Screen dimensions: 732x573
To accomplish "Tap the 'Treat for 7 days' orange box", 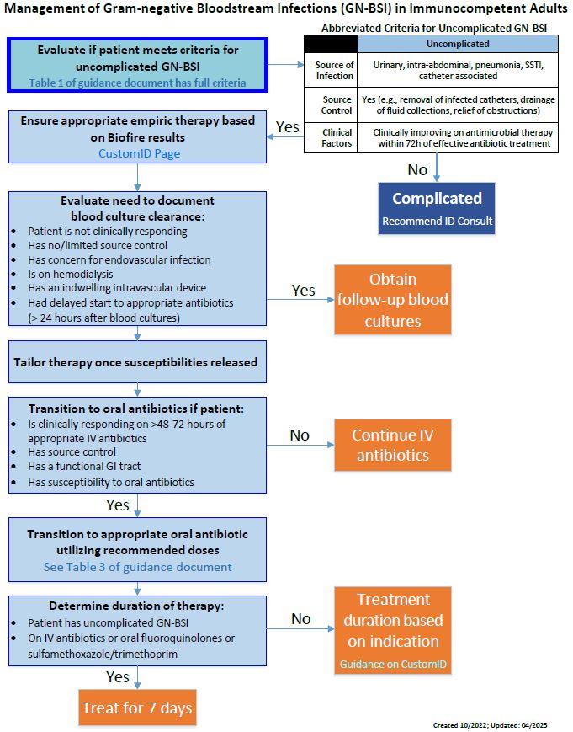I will coord(137,708).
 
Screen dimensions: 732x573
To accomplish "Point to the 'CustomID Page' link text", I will coord(139,153).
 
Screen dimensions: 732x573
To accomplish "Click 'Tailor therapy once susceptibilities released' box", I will coord(137,362).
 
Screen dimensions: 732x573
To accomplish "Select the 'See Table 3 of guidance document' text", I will coord(137,567).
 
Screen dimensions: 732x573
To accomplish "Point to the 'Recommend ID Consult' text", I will coord(437,222).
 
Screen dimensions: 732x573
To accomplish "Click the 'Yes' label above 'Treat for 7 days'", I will coord(118,676).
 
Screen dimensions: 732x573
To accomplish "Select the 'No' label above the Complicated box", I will coord(417,169).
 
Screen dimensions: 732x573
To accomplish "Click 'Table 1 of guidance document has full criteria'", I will coord(137,82).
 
